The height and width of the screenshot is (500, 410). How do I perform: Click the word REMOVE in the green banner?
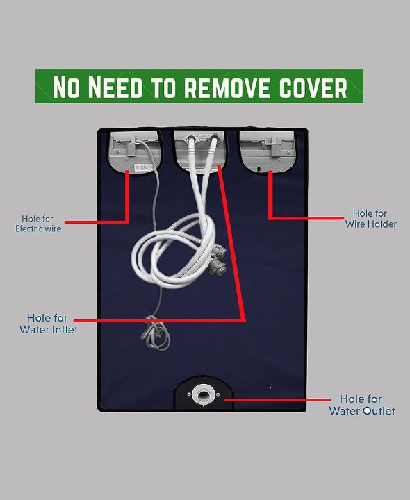tap(229, 87)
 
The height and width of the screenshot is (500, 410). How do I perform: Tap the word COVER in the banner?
tap(313, 87)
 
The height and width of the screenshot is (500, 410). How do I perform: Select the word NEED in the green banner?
tap(115, 86)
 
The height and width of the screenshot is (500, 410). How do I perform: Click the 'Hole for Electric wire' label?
tap(38, 224)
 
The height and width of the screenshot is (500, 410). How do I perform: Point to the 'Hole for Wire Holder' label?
tap(371, 219)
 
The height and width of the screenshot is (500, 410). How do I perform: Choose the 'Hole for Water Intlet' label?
tap(48, 324)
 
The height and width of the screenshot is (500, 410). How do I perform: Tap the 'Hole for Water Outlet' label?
tap(362, 405)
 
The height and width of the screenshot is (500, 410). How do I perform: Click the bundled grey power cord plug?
tap(156, 333)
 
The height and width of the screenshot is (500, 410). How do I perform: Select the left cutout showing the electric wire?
tap(134, 151)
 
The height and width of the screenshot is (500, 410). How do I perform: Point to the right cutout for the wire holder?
tap(268, 151)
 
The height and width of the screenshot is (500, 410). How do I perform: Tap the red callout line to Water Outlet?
tap(277, 399)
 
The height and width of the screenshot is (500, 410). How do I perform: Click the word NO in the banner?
tap(66, 86)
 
